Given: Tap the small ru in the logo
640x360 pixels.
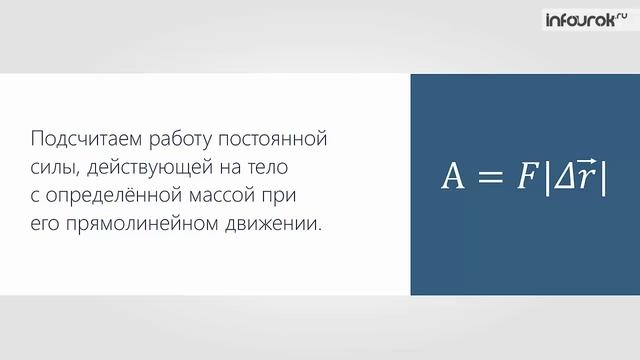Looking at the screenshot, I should click(620, 14).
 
